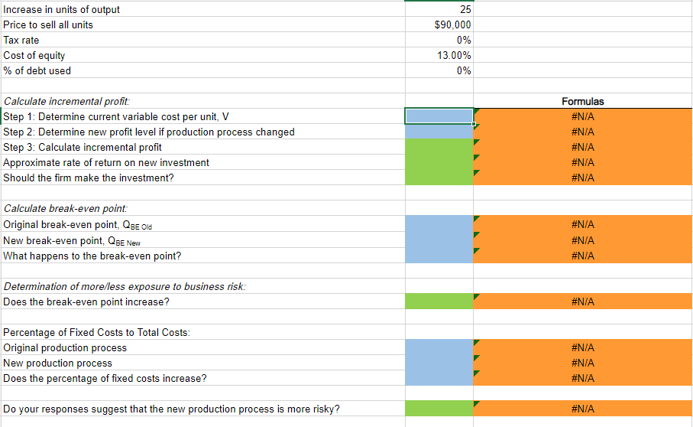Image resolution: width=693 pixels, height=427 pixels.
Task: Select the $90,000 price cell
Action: pyautogui.click(x=452, y=24)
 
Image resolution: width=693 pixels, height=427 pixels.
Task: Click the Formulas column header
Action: pyautogui.click(x=582, y=101)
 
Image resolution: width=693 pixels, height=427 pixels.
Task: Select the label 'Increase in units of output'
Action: pyautogui.click(x=62, y=9)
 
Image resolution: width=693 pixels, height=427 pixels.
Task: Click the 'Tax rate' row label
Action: pyautogui.click(x=21, y=40)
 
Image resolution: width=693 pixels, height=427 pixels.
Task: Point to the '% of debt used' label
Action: pyautogui.click(x=37, y=70)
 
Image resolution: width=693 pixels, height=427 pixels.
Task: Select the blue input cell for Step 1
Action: pyautogui.click(x=439, y=116)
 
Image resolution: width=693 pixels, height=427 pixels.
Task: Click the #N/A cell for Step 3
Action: pyautogui.click(x=582, y=147)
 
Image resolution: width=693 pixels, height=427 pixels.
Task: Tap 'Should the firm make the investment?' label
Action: pyautogui.click(x=89, y=178)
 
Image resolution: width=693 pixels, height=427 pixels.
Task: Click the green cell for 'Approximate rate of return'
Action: pyautogui.click(x=439, y=162)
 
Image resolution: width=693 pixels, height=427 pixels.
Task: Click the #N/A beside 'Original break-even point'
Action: pyautogui.click(x=582, y=224)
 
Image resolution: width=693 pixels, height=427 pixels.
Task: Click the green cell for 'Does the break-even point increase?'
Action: pyautogui.click(x=439, y=302)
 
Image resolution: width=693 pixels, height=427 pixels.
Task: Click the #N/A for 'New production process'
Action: pyautogui.click(x=582, y=363)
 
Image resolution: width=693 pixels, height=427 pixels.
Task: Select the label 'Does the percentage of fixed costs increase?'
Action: pyautogui.click(x=105, y=378)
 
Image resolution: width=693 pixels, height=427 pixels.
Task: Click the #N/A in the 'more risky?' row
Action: pyautogui.click(x=582, y=409)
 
